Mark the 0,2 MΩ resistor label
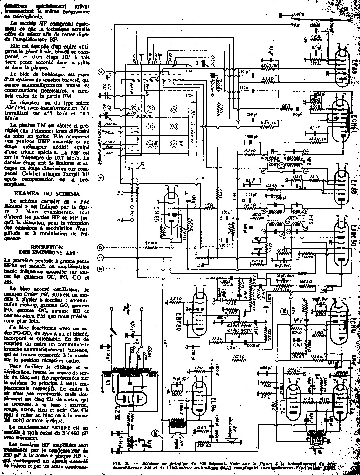click(151, 243)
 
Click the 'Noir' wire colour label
click(108, 153)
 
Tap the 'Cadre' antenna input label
click(297, 15)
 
